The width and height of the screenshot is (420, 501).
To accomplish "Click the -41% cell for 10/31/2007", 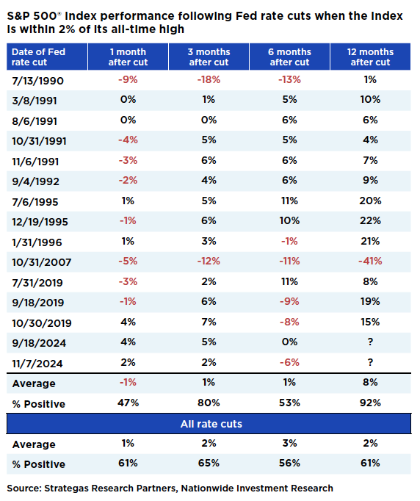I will tap(370, 260).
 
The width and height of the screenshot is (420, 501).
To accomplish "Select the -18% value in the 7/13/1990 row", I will tap(209, 79).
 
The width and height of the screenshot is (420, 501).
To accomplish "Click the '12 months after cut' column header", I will tap(370, 57).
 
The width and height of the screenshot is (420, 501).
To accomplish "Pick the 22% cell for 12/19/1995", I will tap(370, 220).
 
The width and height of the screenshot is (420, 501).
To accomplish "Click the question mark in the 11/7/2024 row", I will tap(370, 361).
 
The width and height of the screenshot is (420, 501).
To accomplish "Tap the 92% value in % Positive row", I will tap(370, 403).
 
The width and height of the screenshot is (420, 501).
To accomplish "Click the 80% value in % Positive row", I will tap(209, 403).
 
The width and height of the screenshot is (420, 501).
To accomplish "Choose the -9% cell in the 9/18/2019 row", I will tap(289, 301).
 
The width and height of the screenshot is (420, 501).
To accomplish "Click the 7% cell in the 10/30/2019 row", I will tap(209, 321).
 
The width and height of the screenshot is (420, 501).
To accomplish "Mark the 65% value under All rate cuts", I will tap(209, 464).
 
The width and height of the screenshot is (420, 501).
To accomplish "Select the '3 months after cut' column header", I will tap(209, 57).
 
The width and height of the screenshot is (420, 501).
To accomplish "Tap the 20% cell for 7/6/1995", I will tap(370, 200).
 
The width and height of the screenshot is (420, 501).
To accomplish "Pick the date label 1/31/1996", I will tap(32, 240).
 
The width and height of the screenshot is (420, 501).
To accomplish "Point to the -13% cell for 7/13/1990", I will tap(289, 79).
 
